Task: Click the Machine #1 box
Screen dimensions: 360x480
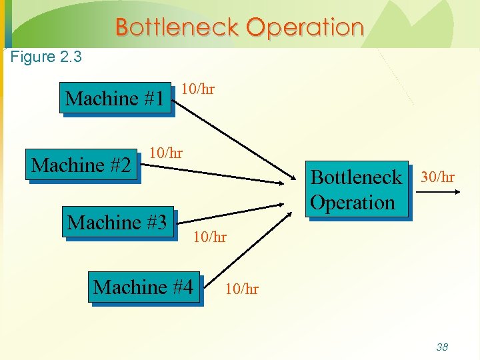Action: (115, 99)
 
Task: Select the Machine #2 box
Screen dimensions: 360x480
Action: (81, 165)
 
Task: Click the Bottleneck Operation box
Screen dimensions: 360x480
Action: (356, 189)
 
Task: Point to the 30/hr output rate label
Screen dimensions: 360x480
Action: (437, 177)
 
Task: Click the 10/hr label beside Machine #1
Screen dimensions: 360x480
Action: (198, 89)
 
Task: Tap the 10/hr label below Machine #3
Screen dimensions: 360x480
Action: (210, 237)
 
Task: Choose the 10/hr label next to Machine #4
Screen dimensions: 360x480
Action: (242, 289)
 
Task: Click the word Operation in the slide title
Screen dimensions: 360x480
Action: (305, 27)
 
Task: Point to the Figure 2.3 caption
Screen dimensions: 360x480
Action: (46, 57)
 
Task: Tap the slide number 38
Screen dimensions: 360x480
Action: (441, 347)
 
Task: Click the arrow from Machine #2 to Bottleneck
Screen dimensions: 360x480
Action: (220, 173)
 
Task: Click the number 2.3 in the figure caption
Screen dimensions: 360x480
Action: (71, 57)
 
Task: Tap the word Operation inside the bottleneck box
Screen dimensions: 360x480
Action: (353, 202)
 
